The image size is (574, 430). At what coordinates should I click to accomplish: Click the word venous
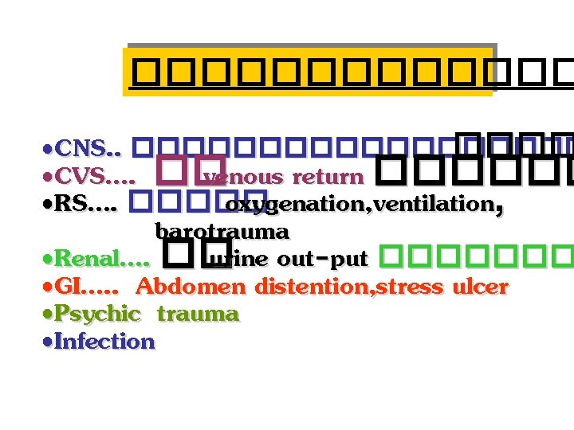coord(244,177)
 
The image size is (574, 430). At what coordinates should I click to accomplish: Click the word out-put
coord(322,259)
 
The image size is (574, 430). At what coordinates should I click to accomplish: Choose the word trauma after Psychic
coord(197,315)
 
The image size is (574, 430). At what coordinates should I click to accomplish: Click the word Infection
coord(105,342)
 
